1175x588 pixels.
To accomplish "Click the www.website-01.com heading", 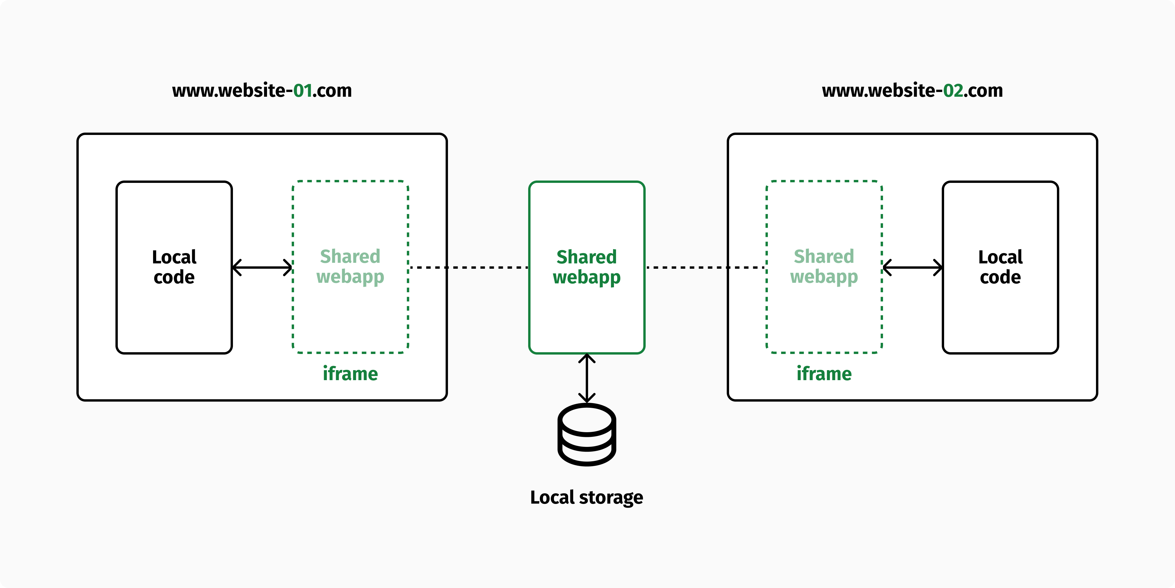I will point(262,90).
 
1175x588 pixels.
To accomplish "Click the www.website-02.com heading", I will point(912,90).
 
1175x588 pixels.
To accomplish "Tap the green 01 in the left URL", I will point(303,90).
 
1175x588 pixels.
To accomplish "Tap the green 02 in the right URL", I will point(953,90).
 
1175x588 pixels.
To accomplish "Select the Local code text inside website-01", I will point(174,267).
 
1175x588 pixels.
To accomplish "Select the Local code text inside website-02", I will point(1000,267).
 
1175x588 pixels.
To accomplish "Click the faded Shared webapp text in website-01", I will point(350,267).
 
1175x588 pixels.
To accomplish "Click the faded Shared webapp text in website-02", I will point(824,267).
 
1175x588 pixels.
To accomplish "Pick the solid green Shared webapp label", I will point(587,267).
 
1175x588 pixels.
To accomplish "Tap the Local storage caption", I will point(587,497).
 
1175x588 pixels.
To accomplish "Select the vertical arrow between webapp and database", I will point(587,378).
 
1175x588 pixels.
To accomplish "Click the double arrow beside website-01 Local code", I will point(262,267).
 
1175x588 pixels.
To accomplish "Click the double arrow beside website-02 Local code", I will point(912,267).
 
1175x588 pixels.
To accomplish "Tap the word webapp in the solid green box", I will point(587,278).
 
